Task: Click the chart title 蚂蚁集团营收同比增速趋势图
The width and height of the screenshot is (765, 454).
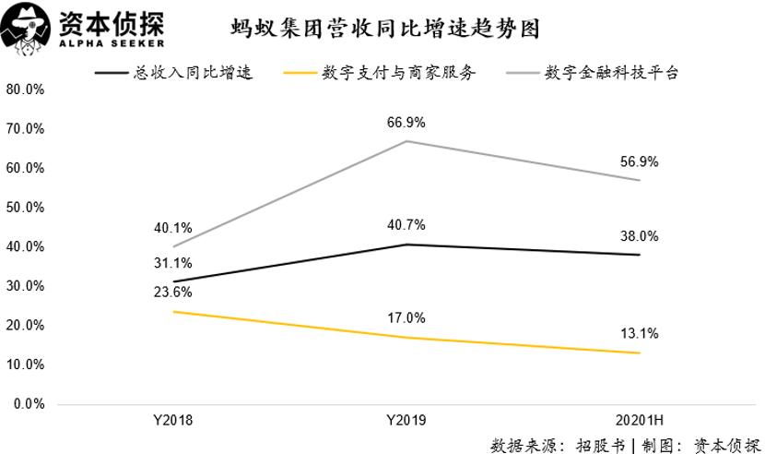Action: tap(385, 28)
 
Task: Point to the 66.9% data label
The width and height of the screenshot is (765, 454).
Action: tap(406, 123)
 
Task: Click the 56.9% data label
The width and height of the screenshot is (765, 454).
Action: tap(640, 161)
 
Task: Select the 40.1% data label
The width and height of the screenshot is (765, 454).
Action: tap(172, 228)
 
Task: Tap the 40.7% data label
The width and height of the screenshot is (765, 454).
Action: tap(406, 225)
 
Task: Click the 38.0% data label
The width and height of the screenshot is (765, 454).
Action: tap(640, 236)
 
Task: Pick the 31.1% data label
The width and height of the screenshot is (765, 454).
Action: tap(172, 263)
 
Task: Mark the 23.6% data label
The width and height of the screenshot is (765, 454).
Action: tap(172, 293)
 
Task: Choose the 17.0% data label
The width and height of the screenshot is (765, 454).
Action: tap(406, 318)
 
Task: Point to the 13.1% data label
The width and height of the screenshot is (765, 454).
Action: tap(640, 334)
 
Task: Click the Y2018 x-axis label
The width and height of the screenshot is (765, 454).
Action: tap(172, 421)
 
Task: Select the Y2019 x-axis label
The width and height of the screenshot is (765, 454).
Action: tap(406, 421)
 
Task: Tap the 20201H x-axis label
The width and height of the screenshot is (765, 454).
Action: tap(640, 421)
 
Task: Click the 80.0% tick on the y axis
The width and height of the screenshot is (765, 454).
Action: tap(25, 90)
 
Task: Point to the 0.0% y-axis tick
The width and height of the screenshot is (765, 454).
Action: tap(28, 404)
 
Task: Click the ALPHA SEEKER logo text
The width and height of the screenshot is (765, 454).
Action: tap(112, 42)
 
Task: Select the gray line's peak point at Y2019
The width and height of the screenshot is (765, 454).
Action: tap(406, 141)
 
